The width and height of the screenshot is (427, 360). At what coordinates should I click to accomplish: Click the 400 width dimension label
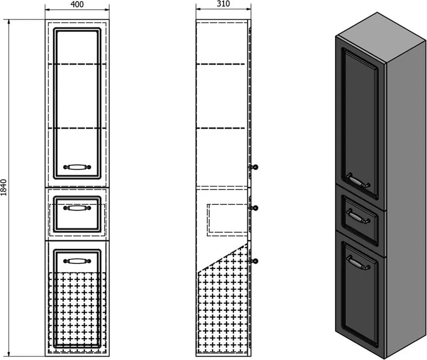click(x=77, y=4)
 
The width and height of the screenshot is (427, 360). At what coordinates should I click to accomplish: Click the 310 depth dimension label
click(x=223, y=4)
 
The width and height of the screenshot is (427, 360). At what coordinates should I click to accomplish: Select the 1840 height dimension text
click(x=4, y=188)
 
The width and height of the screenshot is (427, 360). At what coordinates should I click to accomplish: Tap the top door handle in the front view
click(x=77, y=167)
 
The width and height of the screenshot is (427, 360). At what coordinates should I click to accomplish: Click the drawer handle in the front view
click(x=77, y=208)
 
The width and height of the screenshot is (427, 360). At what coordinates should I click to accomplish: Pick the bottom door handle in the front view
click(x=77, y=261)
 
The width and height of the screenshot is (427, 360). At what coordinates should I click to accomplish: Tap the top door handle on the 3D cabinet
click(x=359, y=181)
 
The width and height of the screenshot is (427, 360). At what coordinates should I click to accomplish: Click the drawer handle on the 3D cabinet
click(x=358, y=216)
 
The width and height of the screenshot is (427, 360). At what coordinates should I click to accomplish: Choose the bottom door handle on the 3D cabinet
click(x=358, y=262)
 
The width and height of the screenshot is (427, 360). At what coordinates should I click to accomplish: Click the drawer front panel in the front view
click(x=77, y=219)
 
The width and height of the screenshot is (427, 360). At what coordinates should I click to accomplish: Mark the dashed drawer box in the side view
click(x=227, y=217)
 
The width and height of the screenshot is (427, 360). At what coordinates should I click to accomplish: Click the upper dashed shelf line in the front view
click(x=77, y=64)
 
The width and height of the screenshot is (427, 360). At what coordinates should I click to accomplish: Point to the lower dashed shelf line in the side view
click(x=221, y=128)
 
